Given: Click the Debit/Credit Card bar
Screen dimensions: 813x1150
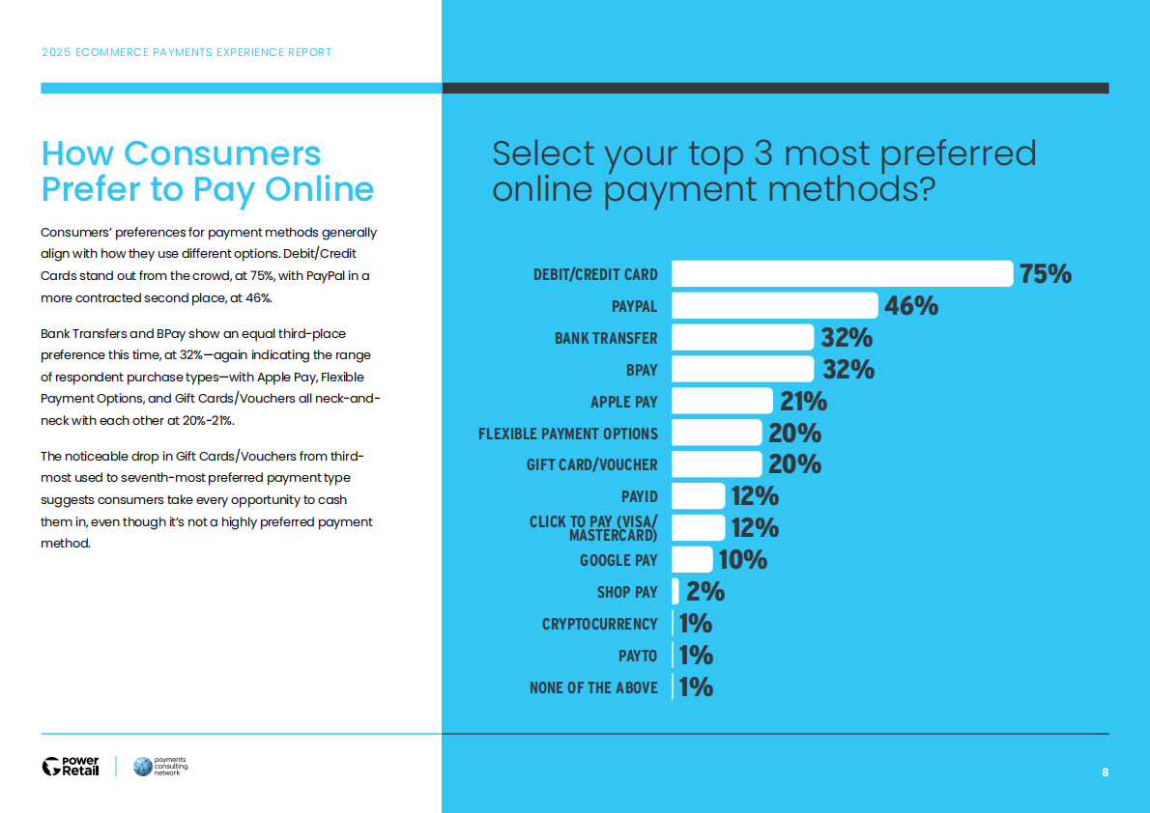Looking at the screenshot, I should coord(842,273).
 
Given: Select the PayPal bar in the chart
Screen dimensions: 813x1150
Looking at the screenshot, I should coord(774,306).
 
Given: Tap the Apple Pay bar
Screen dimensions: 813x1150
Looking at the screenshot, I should coord(722,401).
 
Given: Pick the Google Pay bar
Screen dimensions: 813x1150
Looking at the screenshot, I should coord(692,559).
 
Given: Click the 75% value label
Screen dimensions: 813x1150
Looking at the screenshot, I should coord(1046,274).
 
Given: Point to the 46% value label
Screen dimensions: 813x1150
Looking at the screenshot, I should coord(911,306).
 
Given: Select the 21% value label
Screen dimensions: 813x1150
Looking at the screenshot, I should coord(803,401).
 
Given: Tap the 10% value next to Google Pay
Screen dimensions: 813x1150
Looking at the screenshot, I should coord(743,559).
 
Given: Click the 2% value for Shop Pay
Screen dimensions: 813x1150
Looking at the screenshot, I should coord(705,591).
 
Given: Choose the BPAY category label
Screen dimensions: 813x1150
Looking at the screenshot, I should coord(642,370).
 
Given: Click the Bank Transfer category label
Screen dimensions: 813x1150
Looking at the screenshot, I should coord(606,338).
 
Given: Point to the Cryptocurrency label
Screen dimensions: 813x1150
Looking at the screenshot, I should coord(599,624).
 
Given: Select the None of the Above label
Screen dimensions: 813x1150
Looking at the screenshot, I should coord(593,687).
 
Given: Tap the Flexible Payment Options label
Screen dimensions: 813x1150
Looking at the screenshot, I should coord(568,434).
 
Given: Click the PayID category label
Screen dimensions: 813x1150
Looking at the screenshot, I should coord(639,496).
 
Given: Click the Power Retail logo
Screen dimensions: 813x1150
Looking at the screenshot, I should coord(71,767).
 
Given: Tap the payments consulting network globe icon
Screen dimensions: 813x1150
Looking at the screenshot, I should coord(143,767).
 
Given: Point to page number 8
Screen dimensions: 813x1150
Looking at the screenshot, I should coord(1105,772).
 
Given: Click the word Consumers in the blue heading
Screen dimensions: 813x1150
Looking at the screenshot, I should coord(222,154).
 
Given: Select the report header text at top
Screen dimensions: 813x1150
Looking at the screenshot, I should coord(187,52).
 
